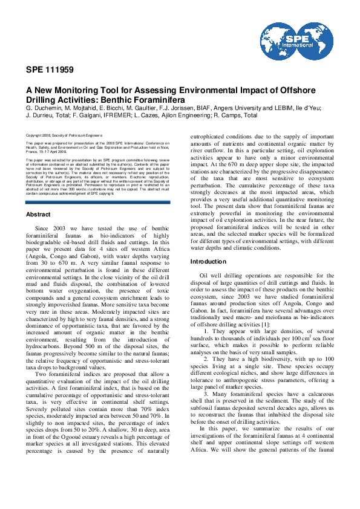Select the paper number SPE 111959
pyautogui.click(x=50, y=70)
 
